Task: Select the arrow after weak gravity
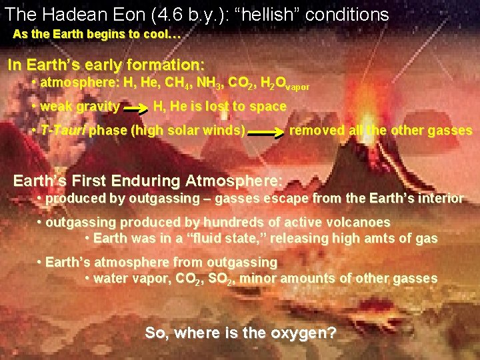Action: [136, 107]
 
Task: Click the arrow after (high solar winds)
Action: [267, 132]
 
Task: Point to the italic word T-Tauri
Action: [63, 130]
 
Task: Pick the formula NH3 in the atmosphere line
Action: [207, 84]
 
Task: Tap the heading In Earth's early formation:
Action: [105, 65]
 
